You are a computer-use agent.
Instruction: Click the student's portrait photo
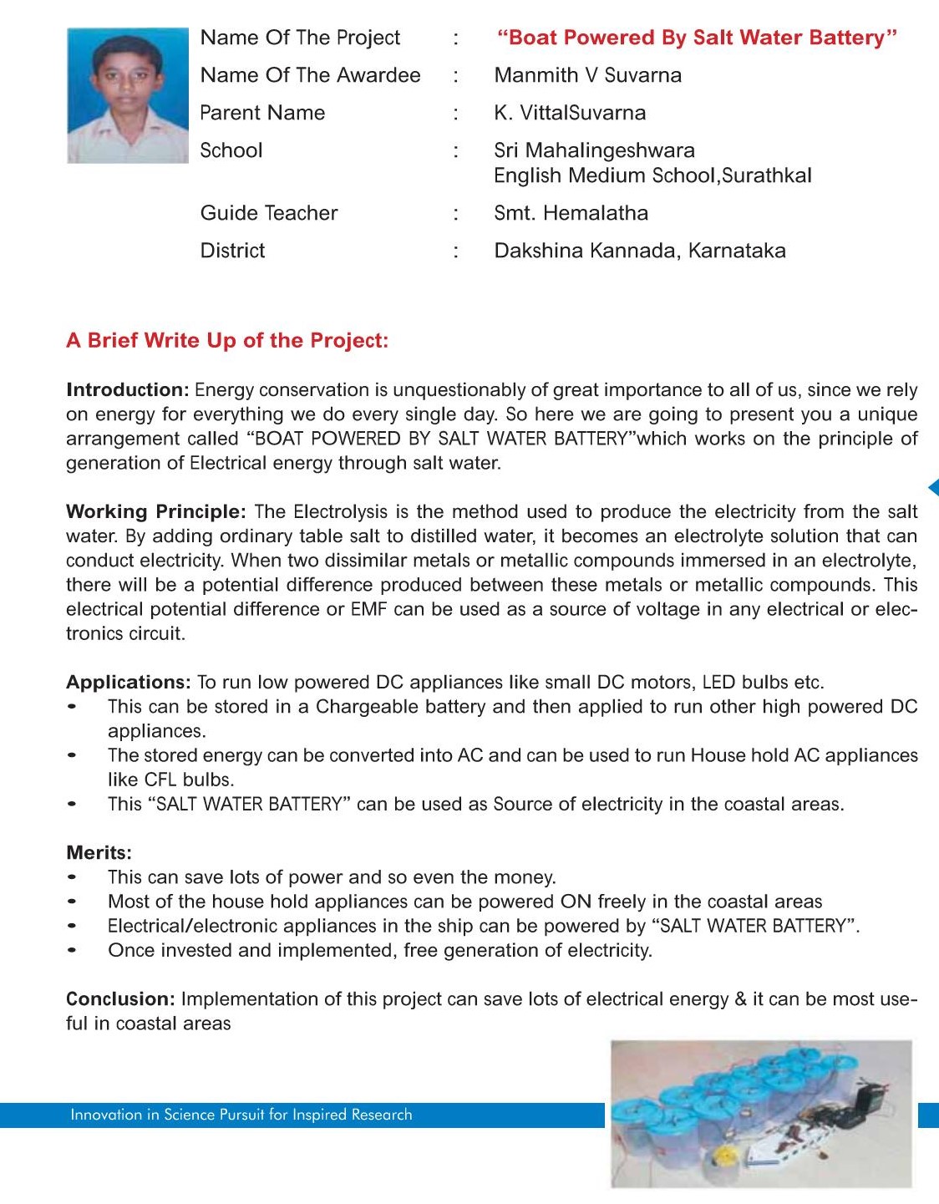128,95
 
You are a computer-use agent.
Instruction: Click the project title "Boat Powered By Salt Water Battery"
697,38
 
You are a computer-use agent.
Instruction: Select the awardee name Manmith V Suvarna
587,75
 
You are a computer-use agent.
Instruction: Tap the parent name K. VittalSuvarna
570,113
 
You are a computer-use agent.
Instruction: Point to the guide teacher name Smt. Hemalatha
571,213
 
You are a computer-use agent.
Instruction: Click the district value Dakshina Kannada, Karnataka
639,251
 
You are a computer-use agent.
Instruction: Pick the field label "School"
231,150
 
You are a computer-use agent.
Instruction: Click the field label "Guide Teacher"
269,213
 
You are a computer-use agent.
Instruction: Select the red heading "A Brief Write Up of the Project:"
227,341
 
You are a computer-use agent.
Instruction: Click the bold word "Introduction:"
128,390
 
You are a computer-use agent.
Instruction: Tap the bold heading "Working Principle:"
155,511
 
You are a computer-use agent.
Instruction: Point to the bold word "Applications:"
129,683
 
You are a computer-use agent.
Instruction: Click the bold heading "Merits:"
99,853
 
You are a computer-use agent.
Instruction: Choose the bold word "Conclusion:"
120,999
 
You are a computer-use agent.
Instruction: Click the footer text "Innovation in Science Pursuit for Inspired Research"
241,1115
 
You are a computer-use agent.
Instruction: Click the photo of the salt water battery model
761,1113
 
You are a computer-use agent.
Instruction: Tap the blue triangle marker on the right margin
933,487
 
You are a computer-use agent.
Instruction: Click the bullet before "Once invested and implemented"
73,951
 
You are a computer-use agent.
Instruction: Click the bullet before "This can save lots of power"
73,877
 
